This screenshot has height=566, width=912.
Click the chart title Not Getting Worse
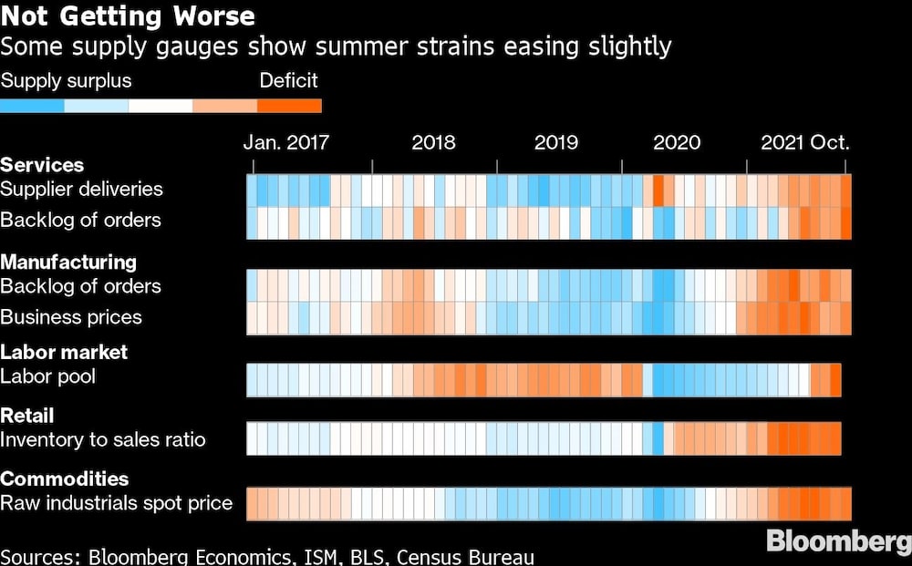coord(128,16)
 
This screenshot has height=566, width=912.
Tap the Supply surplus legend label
coord(66,80)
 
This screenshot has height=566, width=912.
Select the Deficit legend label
coord(288,80)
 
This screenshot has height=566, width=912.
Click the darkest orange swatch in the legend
coord(289,106)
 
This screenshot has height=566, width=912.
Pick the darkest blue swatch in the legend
coord(33,106)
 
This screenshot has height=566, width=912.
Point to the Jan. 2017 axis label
coord(285,142)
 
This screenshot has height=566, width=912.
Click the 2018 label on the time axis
coord(433,142)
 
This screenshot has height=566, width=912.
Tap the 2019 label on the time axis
coord(555,142)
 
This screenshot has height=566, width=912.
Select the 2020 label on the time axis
coord(677,142)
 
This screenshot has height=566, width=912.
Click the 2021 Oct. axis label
coord(804,142)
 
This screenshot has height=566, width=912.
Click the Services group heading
coord(42,165)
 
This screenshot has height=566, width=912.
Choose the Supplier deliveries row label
coord(81,190)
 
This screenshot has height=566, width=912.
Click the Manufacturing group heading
coord(68,262)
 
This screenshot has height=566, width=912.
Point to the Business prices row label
coord(71,317)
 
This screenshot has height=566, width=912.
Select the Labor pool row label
coord(47,376)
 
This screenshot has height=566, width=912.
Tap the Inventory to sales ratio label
coord(103,440)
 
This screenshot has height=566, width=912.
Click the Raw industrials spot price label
coord(116,503)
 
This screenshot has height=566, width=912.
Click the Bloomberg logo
coord(837,540)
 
